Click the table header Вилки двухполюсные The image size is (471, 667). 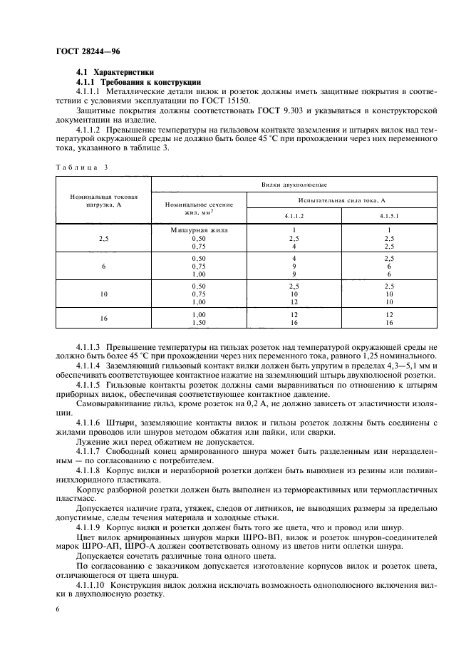click(x=294, y=184)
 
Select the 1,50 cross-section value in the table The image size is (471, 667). click(x=199, y=322)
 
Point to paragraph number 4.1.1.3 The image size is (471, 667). click(x=91, y=346)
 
